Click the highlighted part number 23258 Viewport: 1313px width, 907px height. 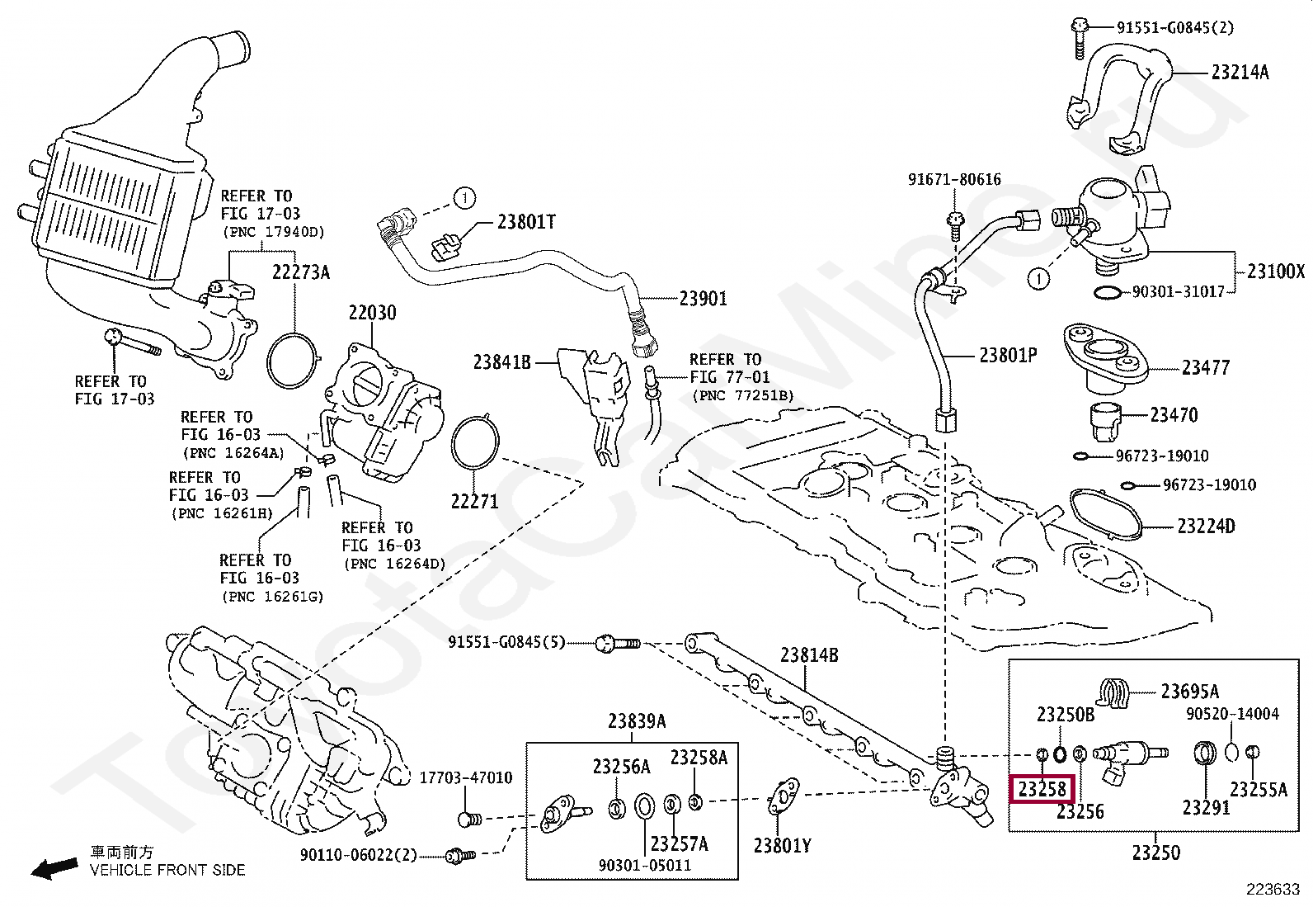tap(1042, 790)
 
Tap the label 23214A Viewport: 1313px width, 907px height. tap(1240, 72)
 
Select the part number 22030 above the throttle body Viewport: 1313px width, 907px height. tap(372, 313)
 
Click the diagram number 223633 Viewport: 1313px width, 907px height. tap(1273, 890)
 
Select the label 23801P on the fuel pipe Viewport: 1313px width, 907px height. tap(1008, 355)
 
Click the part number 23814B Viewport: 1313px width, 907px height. tap(810, 655)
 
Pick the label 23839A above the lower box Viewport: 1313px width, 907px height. tap(637, 721)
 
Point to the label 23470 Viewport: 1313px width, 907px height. tap(1174, 415)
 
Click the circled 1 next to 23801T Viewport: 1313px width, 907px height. tap(464, 198)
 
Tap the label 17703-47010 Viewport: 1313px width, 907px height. tap(466, 777)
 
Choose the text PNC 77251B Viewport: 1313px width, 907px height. tap(742, 395)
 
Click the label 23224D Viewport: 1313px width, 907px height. tap(1205, 526)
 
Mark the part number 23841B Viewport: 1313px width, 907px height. tap(502, 361)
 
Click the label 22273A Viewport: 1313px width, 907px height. tap(301, 272)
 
